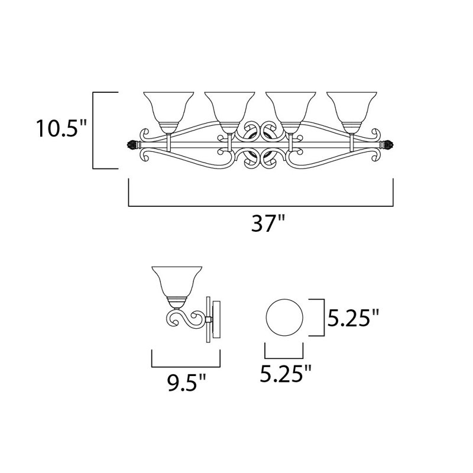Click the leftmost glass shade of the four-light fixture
[169, 106]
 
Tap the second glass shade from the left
[229, 106]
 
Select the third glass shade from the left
[289, 106]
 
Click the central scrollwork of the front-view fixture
[260, 145]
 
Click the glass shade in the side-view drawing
[174, 282]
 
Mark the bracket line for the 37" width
[261, 206]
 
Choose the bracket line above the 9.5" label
[186, 365]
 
